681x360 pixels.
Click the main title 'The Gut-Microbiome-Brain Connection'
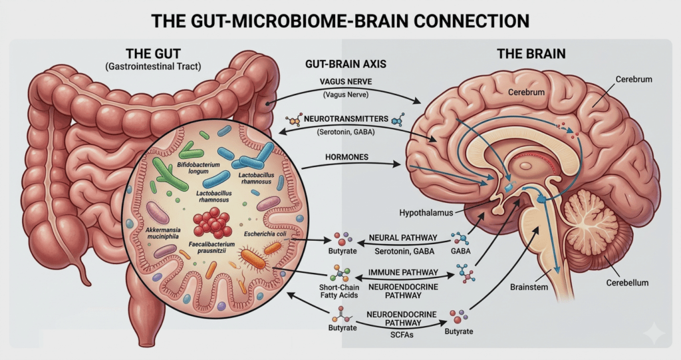[340, 20]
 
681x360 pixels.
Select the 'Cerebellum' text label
[620, 283]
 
